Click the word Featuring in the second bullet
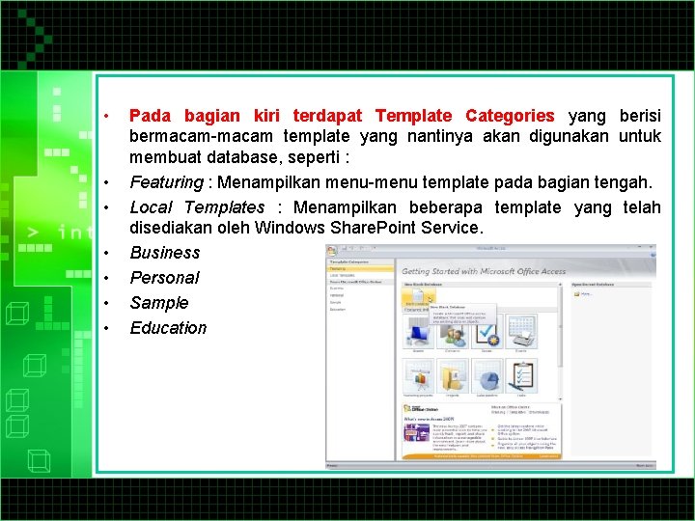pos(163,182)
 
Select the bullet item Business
pos(164,253)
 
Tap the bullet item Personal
pos(164,278)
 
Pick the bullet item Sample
pos(159,303)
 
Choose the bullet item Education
pos(168,328)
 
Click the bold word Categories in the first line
pos(510,116)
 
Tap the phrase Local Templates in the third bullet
pos(197,207)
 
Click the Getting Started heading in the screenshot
pos(483,272)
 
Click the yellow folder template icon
pos(454,374)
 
